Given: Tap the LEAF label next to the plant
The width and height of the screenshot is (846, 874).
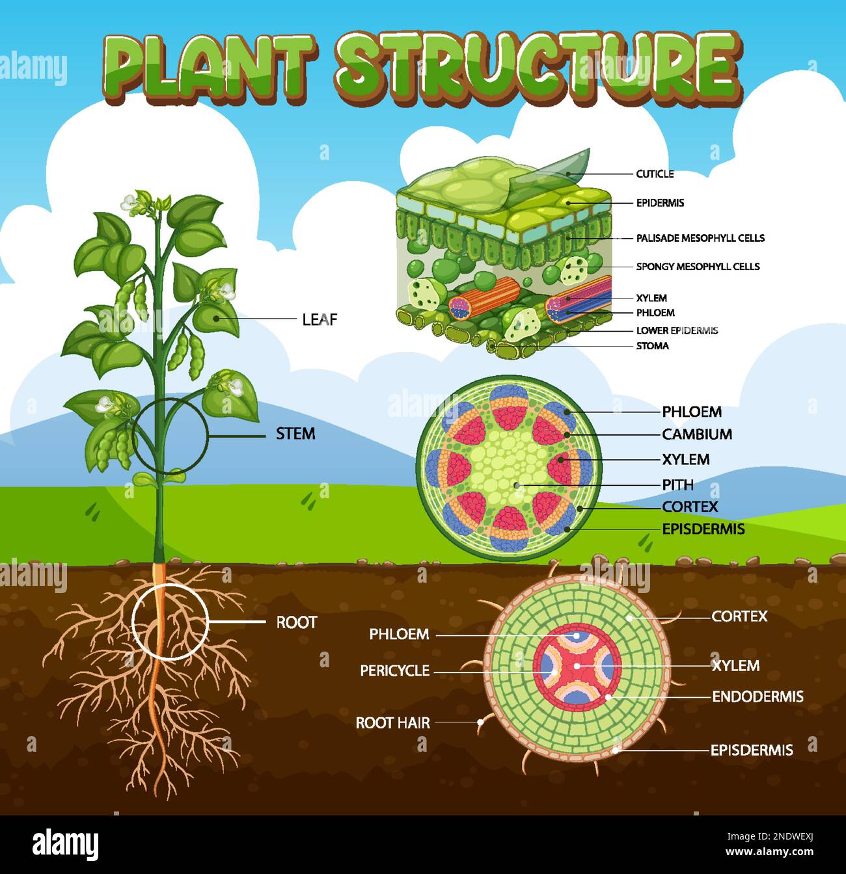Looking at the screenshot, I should coord(320,319).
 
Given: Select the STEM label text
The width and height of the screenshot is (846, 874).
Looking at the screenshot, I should coord(295,434).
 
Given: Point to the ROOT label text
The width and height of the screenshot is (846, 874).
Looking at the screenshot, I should coord(296,622).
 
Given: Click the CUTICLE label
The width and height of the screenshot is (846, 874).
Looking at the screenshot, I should coord(655,174).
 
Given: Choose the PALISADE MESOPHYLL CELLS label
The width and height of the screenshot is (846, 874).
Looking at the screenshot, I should coord(700,238).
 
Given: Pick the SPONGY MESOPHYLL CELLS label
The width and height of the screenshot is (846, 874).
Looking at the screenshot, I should coord(698,267).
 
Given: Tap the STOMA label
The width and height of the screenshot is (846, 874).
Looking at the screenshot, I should coord(652,346).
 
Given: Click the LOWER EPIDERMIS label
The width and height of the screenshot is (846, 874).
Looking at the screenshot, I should coord(677,330).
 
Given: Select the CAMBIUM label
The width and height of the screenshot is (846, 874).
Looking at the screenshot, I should coord(697,434).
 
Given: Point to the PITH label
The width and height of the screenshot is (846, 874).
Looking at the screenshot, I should coord(677,485).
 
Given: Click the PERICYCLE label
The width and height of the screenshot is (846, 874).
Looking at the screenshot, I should coord(395,670).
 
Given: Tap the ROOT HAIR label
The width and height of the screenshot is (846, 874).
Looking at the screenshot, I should coord(392,722).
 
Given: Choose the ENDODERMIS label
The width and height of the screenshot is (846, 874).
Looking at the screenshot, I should coord(757,697).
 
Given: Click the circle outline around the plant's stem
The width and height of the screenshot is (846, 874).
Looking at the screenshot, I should coord(208,434).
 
